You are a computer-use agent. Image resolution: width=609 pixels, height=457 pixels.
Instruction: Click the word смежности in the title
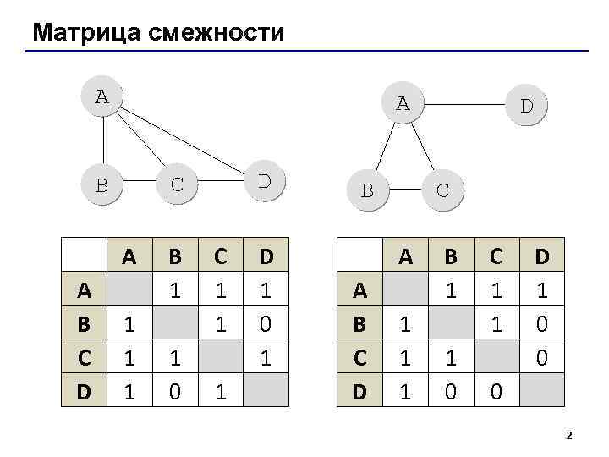pos(215,33)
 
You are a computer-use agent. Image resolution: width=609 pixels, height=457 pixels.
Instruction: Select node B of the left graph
pos(101,184)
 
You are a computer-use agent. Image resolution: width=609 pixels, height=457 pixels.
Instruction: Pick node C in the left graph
pos(177,184)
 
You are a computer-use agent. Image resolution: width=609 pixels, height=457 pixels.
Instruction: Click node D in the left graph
pos(264,181)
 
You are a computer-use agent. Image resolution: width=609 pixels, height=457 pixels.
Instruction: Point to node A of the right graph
pos(403,103)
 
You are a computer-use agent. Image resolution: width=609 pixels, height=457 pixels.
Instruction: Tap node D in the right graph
pos(525,107)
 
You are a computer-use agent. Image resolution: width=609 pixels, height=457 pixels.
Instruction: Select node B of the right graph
pos(367,190)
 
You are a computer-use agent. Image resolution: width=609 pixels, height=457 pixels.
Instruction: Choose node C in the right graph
pos(442,190)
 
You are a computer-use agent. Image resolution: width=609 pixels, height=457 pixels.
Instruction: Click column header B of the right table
pos(451,256)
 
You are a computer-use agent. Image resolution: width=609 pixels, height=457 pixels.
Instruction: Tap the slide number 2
pos(569,436)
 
